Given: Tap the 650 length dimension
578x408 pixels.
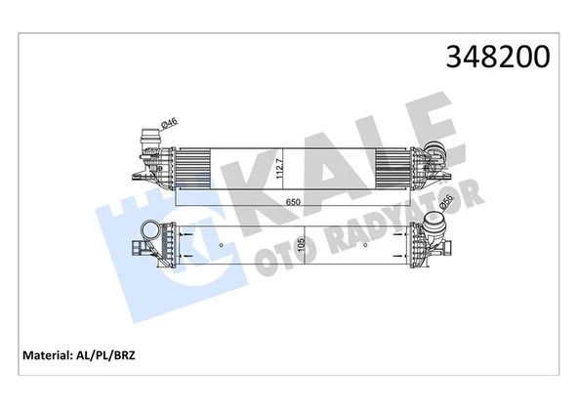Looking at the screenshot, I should (296, 200).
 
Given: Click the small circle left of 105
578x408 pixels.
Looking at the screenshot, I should (224, 244).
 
